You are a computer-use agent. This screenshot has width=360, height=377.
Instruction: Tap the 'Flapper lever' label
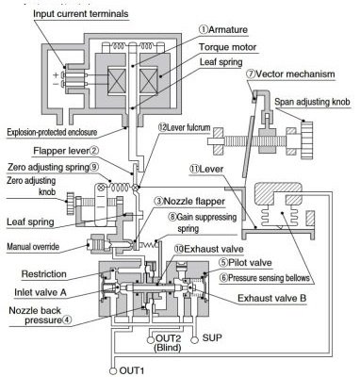[75, 148]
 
